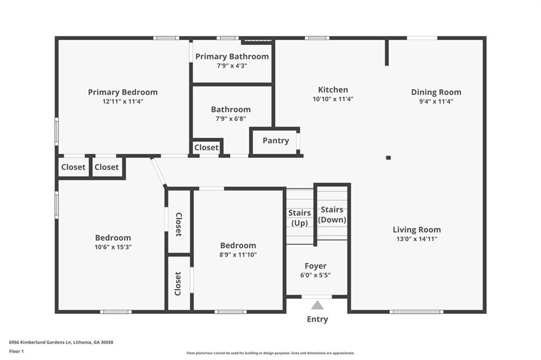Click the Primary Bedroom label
tap(123, 92)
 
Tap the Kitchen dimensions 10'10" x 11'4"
tap(333, 99)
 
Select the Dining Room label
tap(436, 92)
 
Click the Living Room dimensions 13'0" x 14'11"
tap(416, 239)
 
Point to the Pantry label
tap(276, 140)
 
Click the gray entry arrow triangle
tap(317, 305)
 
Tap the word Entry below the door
tap(317, 319)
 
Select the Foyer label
tap(315, 266)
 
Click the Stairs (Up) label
tap(300, 217)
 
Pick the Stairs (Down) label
tap(332, 215)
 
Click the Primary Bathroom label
tap(232, 56)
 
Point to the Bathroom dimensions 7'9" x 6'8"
tap(231, 119)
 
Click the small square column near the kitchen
tap(388, 157)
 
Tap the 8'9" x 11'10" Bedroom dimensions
tap(238, 254)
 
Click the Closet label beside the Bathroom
tap(206, 148)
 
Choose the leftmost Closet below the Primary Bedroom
tap(73, 167)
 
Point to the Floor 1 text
tap(16, 351)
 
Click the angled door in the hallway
tap(158, 172)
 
